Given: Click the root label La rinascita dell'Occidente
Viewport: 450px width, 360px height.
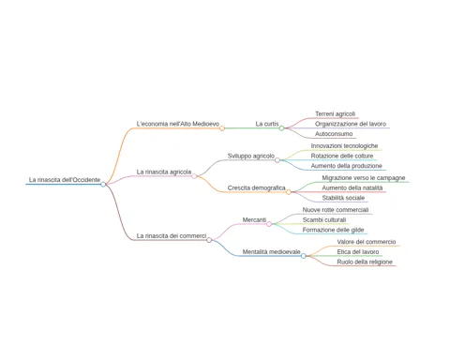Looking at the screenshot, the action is [x=65, y=180].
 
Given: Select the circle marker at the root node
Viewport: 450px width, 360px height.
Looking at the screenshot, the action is [x=103, y=185].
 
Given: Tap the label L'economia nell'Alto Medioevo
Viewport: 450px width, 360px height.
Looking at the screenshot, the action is [x=178, y=124].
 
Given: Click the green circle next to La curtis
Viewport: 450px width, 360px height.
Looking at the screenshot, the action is [x=281, y=128].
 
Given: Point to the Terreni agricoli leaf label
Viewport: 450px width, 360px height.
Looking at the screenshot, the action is [x=335, y=113].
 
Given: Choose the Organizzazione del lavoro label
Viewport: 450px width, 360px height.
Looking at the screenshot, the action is [x=351, y=124].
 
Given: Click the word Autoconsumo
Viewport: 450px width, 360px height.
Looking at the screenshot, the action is [x=334, y=134].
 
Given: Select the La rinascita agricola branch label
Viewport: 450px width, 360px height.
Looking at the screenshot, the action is [x=164, y=172].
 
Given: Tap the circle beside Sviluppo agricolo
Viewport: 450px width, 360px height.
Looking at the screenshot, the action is [x=277, y=160].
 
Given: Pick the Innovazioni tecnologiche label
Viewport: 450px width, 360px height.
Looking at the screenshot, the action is [x=344, y=146].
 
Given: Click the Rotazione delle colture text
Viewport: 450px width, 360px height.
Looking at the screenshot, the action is [x=342, y=156].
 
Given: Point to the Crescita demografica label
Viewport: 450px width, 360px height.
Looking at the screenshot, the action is [x=256, y=187].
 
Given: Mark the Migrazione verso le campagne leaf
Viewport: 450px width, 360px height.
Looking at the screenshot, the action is [x=364, y=178].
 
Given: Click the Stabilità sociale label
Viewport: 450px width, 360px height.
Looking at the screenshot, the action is [x=343, y=198].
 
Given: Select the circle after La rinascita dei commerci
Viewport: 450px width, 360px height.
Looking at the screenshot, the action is [x=209, y=240].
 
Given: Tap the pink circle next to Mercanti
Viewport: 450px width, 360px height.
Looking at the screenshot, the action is [x=269, y=224].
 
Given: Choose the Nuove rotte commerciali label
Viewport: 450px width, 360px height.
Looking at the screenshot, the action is [x=336, y=210].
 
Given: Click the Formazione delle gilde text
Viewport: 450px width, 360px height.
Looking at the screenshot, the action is [x=333, y=230].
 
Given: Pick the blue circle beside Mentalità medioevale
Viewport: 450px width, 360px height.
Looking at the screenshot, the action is [x=303, y=256].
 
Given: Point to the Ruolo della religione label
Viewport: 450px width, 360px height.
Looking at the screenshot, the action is [x=365, y=262].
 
